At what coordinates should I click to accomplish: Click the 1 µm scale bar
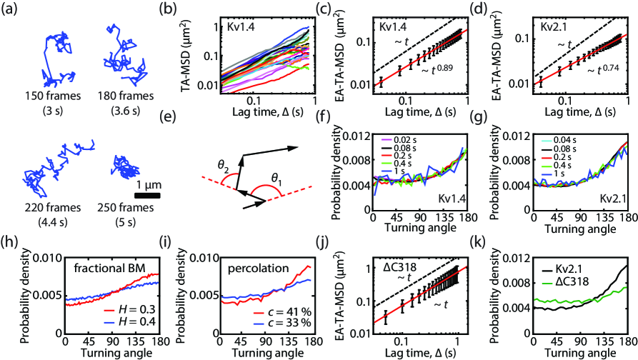(x=146, y=194)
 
